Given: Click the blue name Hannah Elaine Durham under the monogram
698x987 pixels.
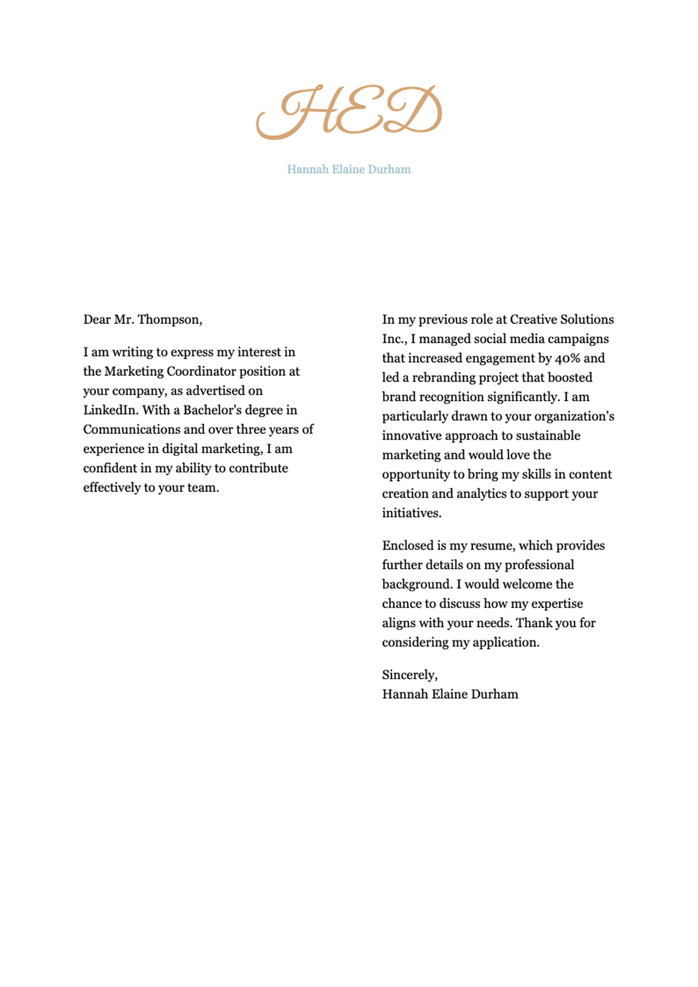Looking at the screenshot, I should [x=348, y=169].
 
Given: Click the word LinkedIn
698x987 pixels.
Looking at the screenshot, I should [x=111, y=410].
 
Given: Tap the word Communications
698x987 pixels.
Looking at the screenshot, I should [x=131, y=429].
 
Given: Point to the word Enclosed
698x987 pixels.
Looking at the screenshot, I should [x=408, y=546].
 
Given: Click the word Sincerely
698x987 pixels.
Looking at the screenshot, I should [x=409, y=675].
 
